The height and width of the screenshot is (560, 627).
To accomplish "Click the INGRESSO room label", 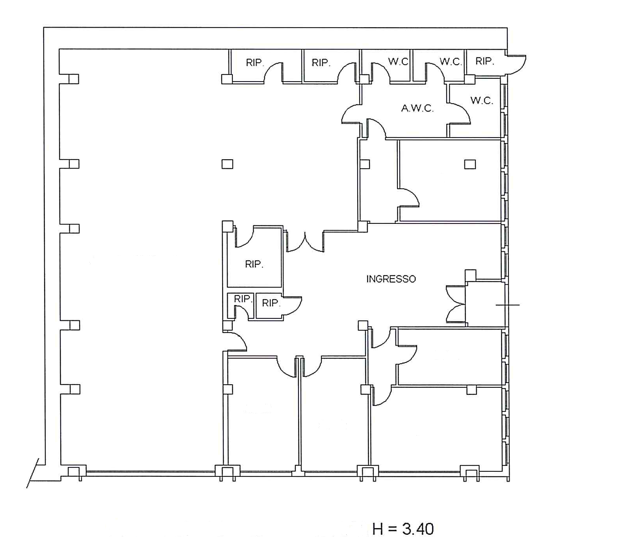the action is [x=391, y=279].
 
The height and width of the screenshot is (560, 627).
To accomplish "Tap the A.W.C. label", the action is [x=417, y=108].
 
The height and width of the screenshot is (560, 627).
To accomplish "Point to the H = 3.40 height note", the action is [x=403, y=529].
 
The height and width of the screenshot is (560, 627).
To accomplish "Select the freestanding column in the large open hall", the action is [x=227, y=164].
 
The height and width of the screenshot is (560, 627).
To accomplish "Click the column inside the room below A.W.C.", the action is [x=470, y=164].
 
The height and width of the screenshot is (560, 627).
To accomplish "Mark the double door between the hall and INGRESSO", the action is [x=305, y=242].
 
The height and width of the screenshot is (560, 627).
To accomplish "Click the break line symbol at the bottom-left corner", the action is [x=33, y=473].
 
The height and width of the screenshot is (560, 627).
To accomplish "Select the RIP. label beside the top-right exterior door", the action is [x=484, y=61].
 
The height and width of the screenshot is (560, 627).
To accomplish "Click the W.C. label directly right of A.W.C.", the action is [x=482, y=100].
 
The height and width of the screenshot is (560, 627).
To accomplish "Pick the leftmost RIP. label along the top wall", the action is [x=254, y=62].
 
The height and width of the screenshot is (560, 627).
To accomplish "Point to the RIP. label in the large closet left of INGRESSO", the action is [x=254, y=264].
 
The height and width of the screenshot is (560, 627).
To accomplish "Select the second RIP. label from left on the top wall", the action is [x=321, y=62].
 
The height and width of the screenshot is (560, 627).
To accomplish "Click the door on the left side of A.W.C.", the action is [x=351, y=114].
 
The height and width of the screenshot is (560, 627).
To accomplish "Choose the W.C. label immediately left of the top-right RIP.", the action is [x=451, y=61].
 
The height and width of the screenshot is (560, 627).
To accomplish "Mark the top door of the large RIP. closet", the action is [x=244, y=237].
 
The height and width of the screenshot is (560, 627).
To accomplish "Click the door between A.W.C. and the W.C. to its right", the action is [x=459, y=114].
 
